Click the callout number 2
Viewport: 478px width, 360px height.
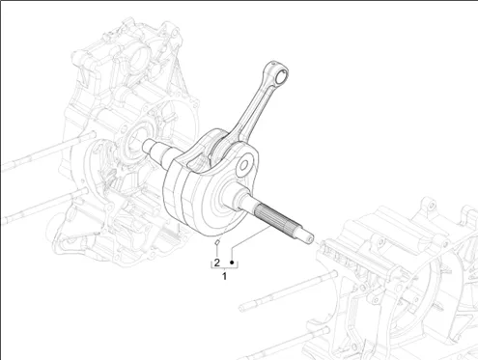pyautogui.click(x=216, y=263)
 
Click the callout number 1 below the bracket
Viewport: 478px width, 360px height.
pyautogui.click(x=224, y=276)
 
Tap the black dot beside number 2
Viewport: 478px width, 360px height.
pyautogui.click(x=232, y=263)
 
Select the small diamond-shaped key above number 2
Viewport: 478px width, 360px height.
pyautogui.click(x=217, y=242)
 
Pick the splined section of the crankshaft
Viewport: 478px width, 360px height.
pyautogui.click(x=277, y=221)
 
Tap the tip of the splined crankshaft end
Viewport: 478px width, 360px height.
pyautogui.click(x=311, y=238)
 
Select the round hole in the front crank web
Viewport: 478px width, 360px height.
pyautogui.click(x=244, y=165)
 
